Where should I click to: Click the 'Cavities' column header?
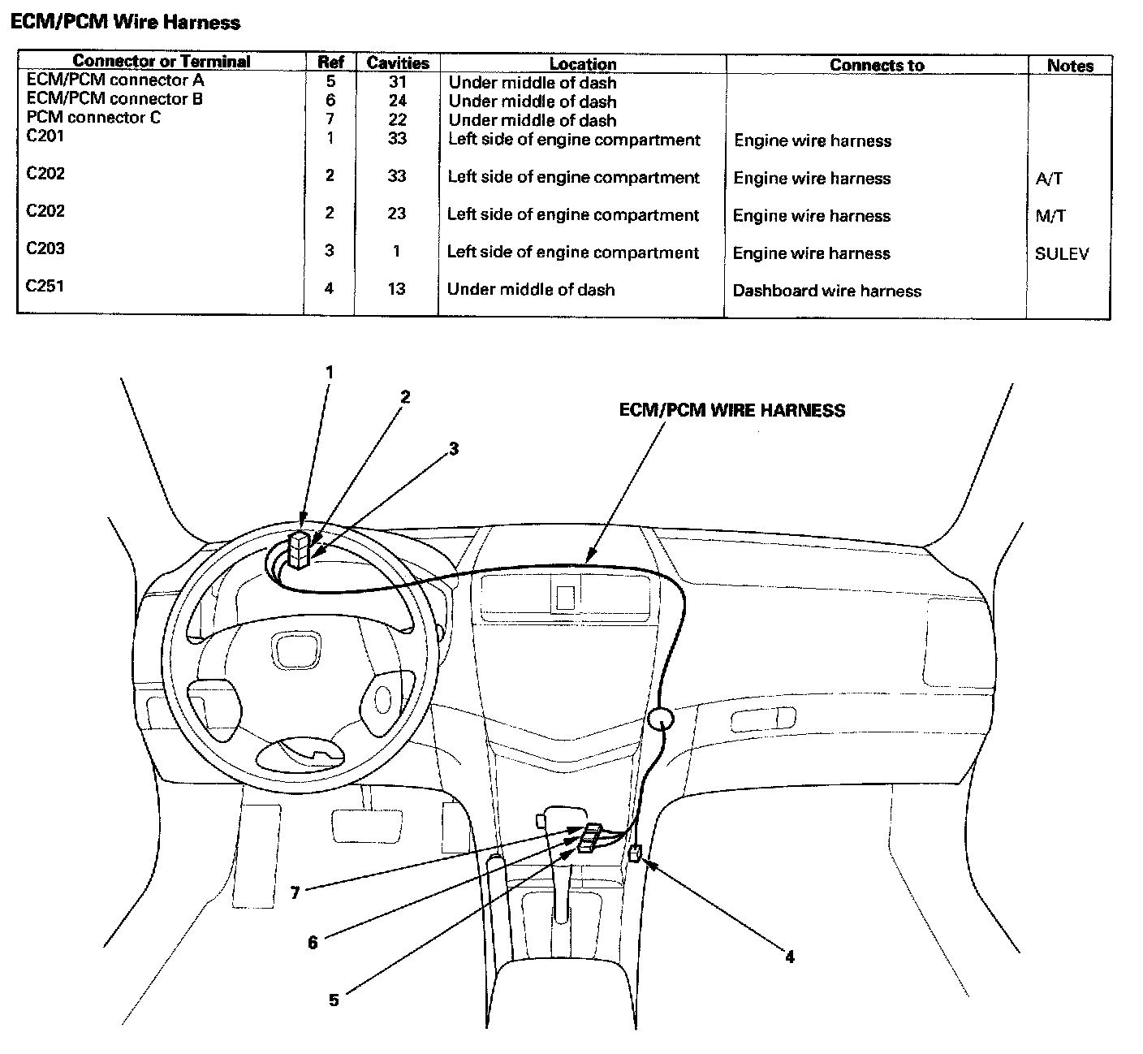(x=398, y=63)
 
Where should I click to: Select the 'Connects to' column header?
(x=877, y=65)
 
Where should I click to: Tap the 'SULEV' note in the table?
(x=1062, y=253)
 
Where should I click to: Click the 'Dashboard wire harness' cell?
(x=826, y=291)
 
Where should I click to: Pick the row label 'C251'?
(x=45, y=286)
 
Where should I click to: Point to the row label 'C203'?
(x=45, y=248)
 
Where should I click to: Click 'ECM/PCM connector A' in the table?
(x=115, y=80)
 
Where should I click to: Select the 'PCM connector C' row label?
(x=93, y=118)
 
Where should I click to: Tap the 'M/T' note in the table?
(x=1050, y=216)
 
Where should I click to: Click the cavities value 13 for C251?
(x=396, y=289)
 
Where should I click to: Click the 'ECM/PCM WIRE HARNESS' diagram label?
(x=731, y=411)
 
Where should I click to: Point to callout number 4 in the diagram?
(x=789, y=957)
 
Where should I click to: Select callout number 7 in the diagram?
(x=295, y=893)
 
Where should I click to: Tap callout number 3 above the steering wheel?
(x=454, y=448)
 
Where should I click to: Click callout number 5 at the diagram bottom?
(x=334, y=1000)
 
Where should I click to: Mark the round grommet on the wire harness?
(x=661, y=719)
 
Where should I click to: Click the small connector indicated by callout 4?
(x=636, y=853)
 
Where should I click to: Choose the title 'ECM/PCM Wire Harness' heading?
(x=125, y=22)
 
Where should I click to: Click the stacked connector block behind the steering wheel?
(x=300, y=551)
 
